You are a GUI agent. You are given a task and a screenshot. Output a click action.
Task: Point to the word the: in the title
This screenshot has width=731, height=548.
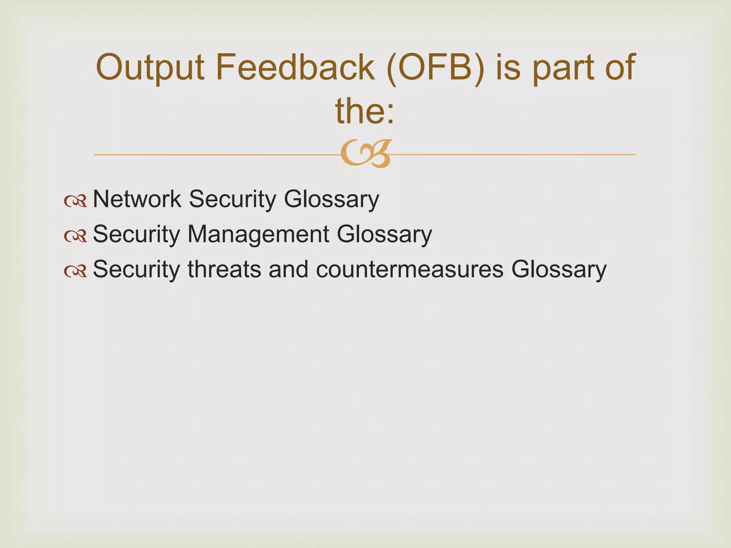pyautogui.click(x=365, y=111)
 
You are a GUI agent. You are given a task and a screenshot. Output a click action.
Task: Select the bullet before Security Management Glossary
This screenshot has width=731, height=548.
pyautogui.click(x=75, y=236)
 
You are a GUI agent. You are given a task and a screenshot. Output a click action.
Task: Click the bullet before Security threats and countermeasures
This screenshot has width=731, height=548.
pyautogui.click(x=75, y=271)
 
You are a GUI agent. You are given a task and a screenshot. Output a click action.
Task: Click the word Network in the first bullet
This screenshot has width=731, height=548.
pyautogui.click(x=137, y=199)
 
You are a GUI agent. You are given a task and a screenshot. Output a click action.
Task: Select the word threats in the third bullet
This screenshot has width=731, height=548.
pyautogui.click(x=224, y=269)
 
